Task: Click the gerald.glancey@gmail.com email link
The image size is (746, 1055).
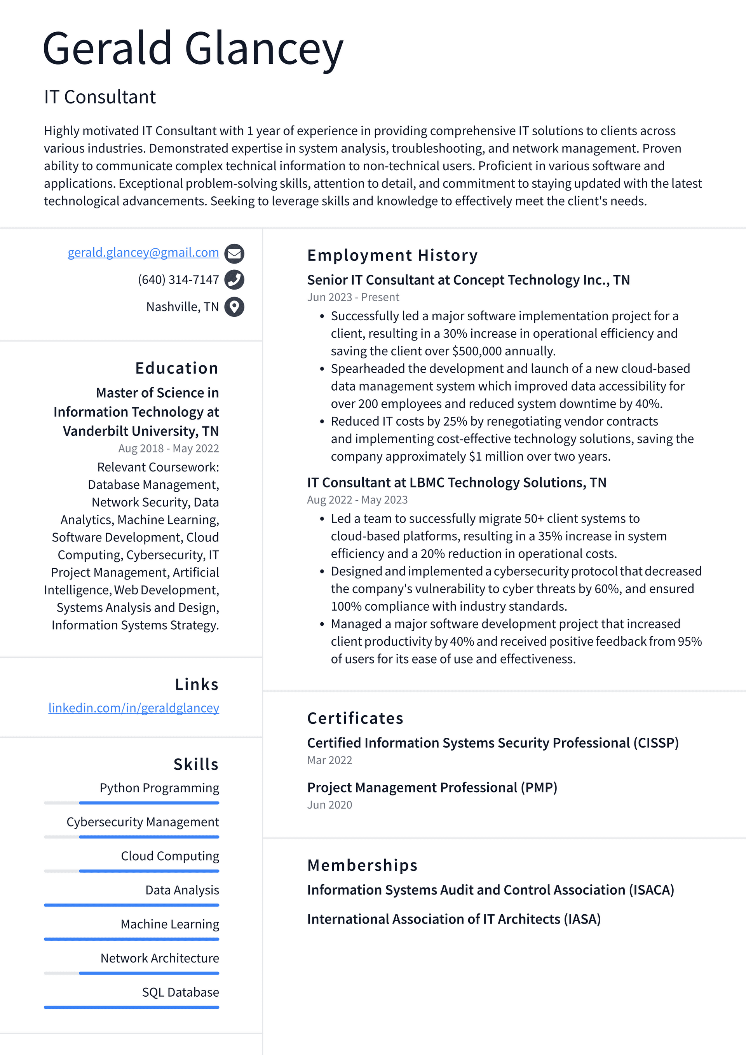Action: tap(143, 252)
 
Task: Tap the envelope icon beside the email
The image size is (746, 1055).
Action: tap(234, 253)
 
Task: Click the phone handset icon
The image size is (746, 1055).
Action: tap(234, 279)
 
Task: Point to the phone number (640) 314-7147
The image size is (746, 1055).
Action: tap(178, 279)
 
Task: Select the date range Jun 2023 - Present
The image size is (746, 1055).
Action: tap(353, 297)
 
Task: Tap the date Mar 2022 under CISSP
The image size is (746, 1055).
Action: tap(329, 760)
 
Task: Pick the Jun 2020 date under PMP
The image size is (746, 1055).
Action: tap(329, 805)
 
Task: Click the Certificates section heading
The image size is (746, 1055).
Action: tap(355, 718)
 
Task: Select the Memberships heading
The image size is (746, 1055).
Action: tap(362, 865)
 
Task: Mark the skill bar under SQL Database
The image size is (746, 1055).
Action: tap(131, 1007)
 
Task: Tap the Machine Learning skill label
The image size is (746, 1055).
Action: tap(169, 924)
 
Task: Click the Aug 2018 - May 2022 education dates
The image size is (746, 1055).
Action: tap(168, 448)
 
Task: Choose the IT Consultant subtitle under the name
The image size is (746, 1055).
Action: tap(100, 97)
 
